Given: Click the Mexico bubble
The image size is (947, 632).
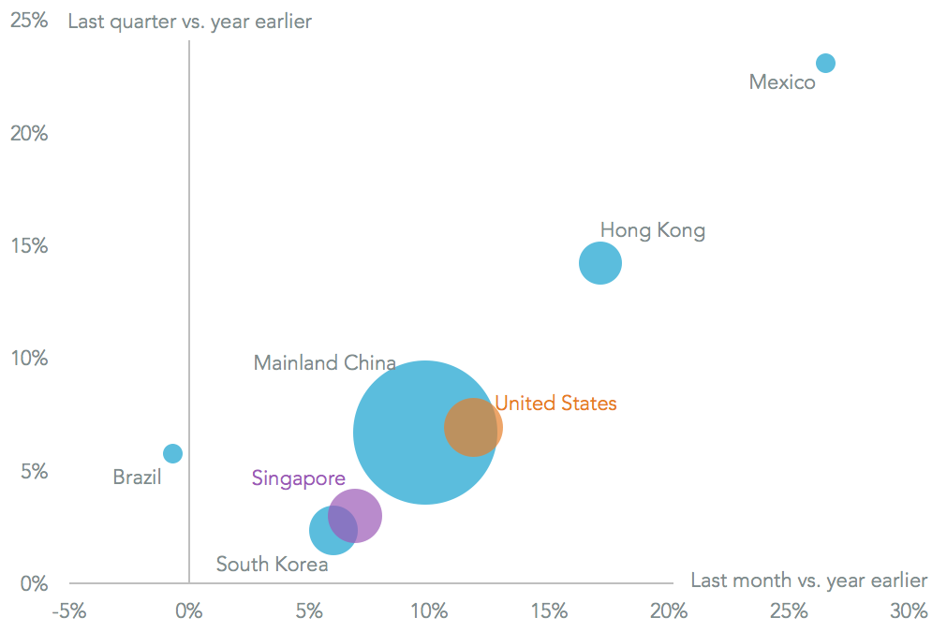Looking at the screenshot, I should (825, 64).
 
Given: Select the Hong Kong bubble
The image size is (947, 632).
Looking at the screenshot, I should (600, 263).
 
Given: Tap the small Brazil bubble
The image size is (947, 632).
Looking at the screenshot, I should (172, 453).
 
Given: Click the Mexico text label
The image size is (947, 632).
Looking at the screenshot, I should (782, 82).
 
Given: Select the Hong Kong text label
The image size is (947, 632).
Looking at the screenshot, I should (652, 230).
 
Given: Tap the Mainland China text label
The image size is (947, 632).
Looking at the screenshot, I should (324, 363).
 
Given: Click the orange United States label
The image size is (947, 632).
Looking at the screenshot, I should (555, 404).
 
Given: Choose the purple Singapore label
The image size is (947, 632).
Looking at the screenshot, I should (298, 478).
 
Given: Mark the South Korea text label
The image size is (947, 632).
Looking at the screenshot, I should (272, 565).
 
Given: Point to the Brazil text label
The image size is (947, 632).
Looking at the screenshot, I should (137, 478).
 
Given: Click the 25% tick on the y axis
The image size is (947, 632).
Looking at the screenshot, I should (28, 21).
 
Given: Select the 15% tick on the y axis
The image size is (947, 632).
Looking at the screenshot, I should (28, 246).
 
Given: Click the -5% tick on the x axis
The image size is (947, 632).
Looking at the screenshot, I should (68, 611).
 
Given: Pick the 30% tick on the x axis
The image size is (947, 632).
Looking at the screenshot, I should (909, 611).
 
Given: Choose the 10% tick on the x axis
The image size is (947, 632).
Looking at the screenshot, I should (429, 611).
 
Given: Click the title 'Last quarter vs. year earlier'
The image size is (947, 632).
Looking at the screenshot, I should (189, 22).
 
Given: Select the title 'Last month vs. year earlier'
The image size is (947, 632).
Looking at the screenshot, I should (808, 581).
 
